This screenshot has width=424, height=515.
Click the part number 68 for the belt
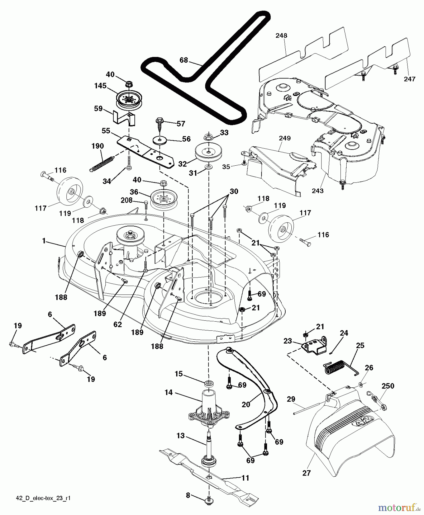(184, 60)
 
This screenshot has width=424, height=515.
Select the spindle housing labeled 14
(209, 408)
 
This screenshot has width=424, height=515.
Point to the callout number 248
(281, 35)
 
